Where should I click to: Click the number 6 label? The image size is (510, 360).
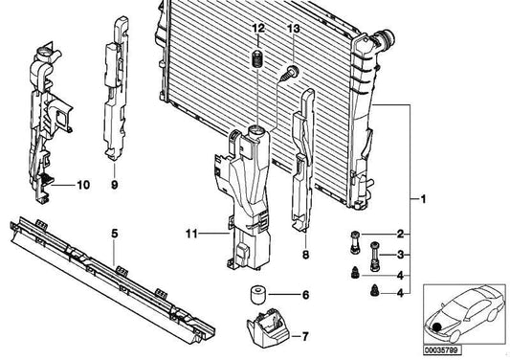point(304,295)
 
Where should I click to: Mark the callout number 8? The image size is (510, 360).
point(305,257)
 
